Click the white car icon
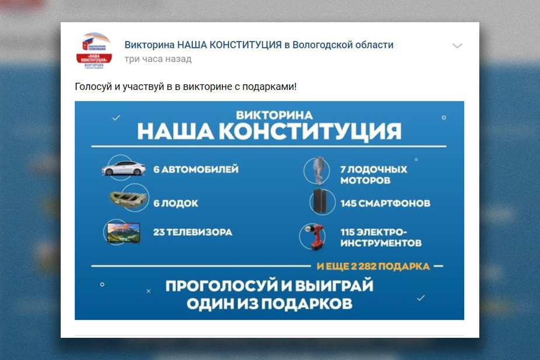[123, 169]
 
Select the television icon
[123, 232]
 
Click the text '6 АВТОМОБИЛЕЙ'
[196, 170]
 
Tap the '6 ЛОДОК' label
[176, 204]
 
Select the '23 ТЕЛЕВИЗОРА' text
[193, 232]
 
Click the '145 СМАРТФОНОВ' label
[385, 204]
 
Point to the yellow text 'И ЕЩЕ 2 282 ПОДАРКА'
[373, 267]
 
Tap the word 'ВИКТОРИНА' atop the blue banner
[274, 115]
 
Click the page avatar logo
[94, 50]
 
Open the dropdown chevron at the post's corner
[457, 46]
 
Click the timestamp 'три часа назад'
[158, 60]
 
